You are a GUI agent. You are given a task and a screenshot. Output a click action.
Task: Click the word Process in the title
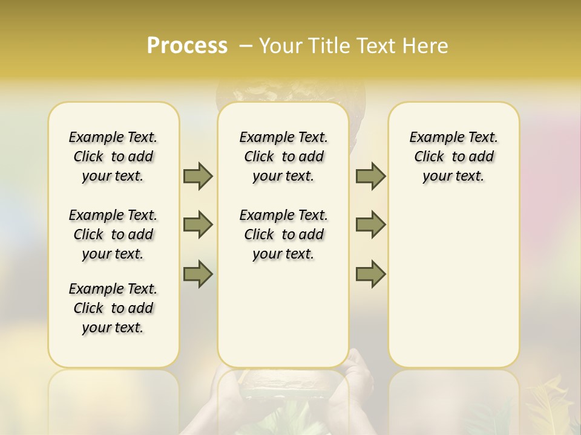coord(187,46)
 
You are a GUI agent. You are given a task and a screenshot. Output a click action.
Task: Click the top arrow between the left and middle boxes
coord(198,176)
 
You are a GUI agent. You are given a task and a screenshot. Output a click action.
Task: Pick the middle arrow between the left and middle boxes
coord(198,225)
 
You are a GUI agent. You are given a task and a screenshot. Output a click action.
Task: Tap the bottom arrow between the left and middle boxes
coord(198,274)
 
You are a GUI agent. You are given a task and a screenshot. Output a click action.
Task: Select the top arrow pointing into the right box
coord(370,176)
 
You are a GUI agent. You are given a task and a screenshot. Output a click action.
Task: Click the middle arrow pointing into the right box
coord(370,225)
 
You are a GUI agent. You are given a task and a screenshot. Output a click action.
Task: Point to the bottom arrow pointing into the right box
coord(370,274)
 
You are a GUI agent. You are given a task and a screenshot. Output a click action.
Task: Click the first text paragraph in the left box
coord(113,156)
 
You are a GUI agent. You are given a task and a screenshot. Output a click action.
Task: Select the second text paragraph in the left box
coord(113,234)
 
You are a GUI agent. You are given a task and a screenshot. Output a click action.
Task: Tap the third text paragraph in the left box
coord(113,308)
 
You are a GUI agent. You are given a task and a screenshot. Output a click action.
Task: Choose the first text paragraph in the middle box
coord(283,156)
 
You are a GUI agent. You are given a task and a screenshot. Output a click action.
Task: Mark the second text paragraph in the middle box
coord(283,234)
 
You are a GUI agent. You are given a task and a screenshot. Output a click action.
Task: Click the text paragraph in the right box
coord(454,156)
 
